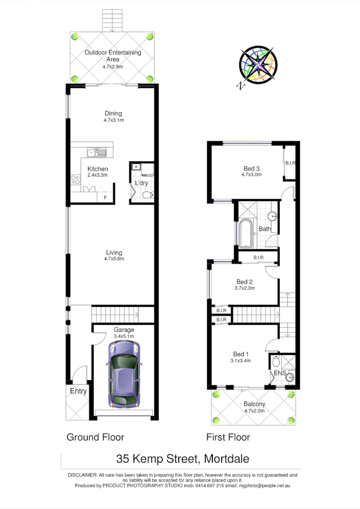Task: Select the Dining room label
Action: click(113, 113)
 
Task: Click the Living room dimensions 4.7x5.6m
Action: click(113, 259)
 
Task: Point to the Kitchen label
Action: click(98, 169)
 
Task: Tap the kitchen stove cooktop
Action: click(75, 180)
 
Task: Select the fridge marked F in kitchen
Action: click(105, 197)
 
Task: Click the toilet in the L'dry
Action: click(148, 195)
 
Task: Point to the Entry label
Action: click(78, 391)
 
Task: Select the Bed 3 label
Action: click(251, 169)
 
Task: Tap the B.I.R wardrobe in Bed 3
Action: click(290, 164)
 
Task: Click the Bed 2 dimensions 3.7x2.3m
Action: click(245, 288)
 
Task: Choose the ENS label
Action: click(279, 373)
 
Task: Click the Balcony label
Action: click(254, 404)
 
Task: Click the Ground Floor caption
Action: click(95, 437)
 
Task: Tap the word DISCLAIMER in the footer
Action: click(82, 475)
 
